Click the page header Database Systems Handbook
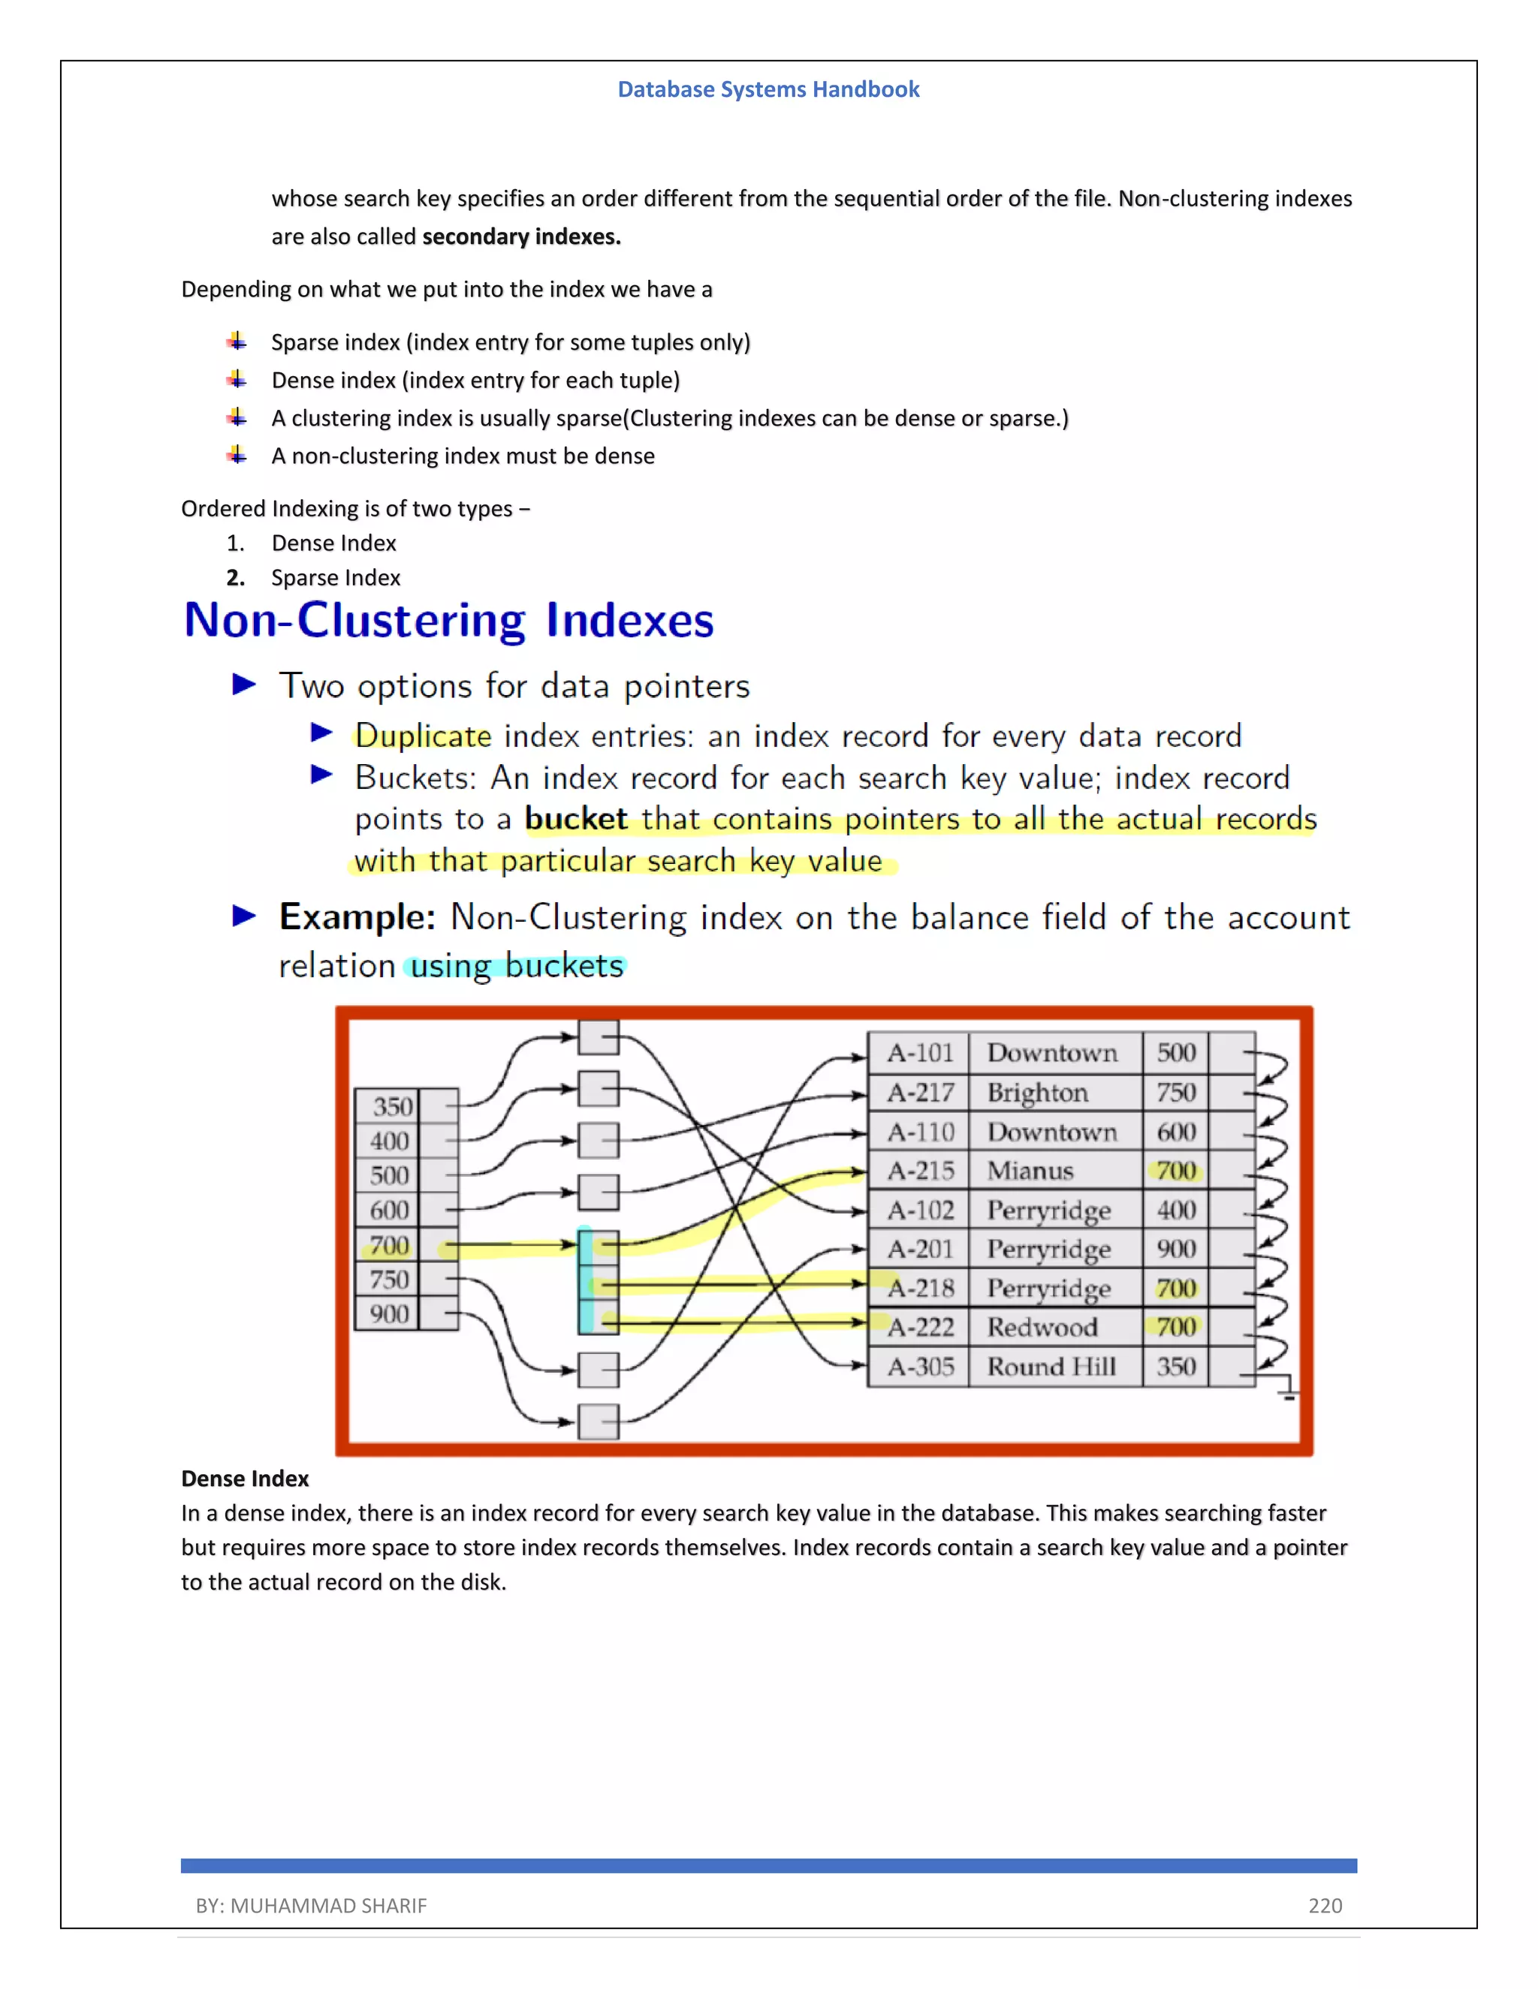click(768, 89)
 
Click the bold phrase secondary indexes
click(521, 236)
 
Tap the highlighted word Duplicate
click(423, 736)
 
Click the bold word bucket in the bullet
click(576, 819)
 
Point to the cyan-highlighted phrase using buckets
click(517, 965)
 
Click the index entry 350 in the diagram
click(392, 1106)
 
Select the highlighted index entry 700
click(389, 1245)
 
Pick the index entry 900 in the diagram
click(389, 1314)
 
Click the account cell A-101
click(919, 1053)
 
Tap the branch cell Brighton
click(1037, 1093)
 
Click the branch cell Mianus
click(1030, 1171)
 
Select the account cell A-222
click(919, 1328)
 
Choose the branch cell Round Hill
click(1051, 1367)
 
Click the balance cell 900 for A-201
click(1175, 1250)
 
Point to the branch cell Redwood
click(1042, 1328)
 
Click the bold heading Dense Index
click(245, 1478)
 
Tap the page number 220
click(1324, 1905)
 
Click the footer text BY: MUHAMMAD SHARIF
click(311, 1905)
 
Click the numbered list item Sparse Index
click(335, 578)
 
